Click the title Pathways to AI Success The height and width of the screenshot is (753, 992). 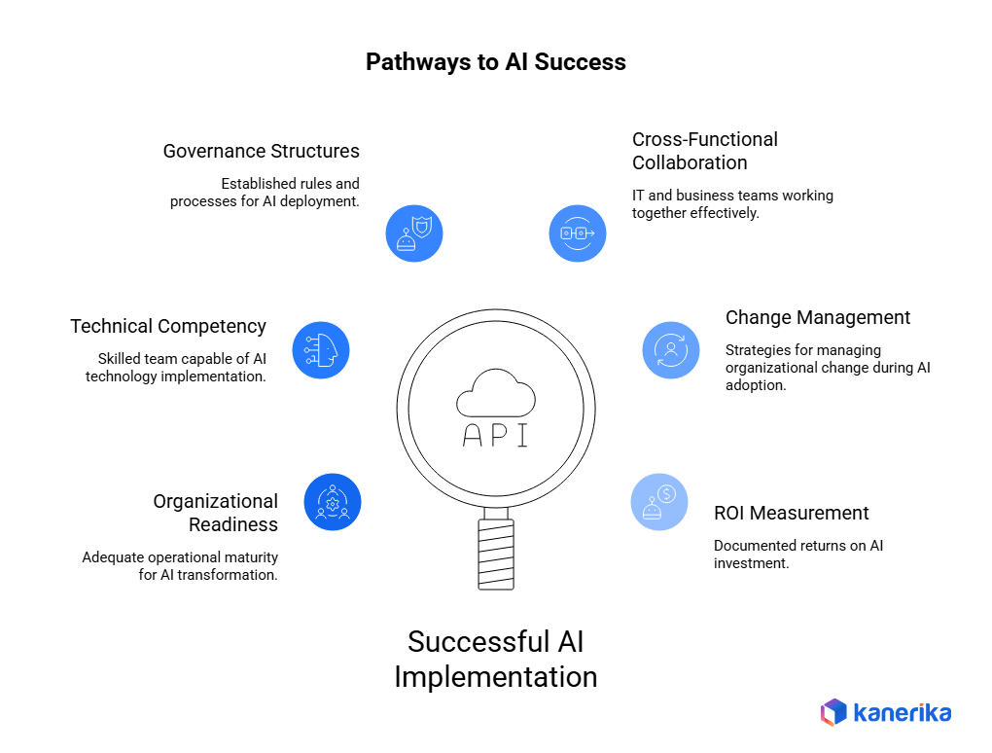[495, 62]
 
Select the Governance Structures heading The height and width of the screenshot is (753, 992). [261, 151]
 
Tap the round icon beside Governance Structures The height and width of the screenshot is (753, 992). [414, 233]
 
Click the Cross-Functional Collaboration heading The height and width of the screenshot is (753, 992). [704, 151]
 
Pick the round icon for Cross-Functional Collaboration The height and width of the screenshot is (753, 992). [578, 233]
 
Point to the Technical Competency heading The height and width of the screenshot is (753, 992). [168, 326]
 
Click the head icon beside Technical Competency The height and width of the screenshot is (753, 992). [320, 350]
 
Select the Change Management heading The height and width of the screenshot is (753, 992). [818, 317]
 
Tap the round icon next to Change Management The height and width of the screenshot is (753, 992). [671, 350]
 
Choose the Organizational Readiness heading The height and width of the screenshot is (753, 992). [215, 513]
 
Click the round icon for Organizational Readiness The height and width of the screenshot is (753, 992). [333, 502]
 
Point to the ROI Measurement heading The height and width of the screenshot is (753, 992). [792, 513]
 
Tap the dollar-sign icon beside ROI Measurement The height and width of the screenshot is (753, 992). [659, 502]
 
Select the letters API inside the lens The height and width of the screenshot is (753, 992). [496, 435]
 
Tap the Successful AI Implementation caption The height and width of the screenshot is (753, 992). [496, 659]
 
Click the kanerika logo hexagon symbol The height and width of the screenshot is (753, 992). [833, 712]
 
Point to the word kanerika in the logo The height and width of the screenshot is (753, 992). [903, 712]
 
